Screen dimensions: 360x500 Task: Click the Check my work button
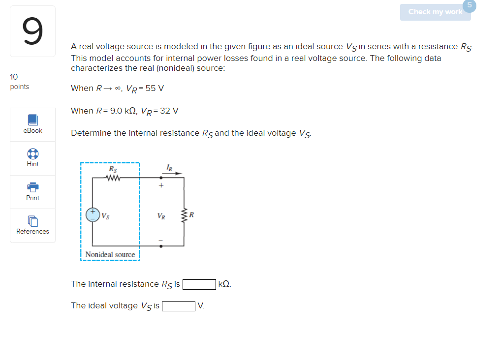pyautogui.click(x=435, y=12)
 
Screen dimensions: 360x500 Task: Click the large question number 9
pyautogui.click(x=32, y=31)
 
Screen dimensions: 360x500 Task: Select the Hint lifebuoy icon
pyautogui.click(x=32, y=153)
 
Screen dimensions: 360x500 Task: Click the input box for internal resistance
pyautogui.click(x=199, y=284)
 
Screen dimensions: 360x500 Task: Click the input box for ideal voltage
pyautogui.click(x=179, y=306)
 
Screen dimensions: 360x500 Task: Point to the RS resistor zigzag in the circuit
pyautogui.click(x=113, y=178)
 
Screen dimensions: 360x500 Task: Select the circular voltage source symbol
pyautogui.click(x=93, y=214)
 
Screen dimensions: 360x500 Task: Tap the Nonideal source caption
pyautogui.click(x=110, y=254)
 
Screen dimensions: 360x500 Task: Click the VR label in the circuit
pyautogui.click(x=161, y=215)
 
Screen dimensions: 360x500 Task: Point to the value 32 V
pyautogui.click(x=169, y=111)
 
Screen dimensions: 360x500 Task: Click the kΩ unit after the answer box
pyautogui.click(x=224, y=284)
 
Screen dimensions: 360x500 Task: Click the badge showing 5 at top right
pyautogui.click(x=469, y=5)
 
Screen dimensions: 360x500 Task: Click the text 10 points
pyautogui.click(x=19, y=82)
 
